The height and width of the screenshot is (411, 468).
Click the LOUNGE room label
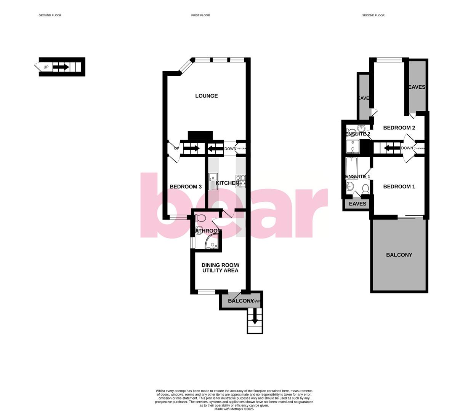(x=207, y=96)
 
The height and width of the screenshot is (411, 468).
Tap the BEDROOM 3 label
(x=186, y=187)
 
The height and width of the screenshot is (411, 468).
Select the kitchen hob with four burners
(x=240, y=181)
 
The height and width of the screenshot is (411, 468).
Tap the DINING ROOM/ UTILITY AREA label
(x=220, y=268)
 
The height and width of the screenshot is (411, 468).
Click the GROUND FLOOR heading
(x=50, y=16)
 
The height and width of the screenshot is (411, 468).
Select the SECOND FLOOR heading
(x=373, y=16)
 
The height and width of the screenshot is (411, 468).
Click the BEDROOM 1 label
(x=399, y=187)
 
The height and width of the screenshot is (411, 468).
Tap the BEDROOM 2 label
(x=399, y=128)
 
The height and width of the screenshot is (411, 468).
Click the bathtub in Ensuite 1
(x=351, y=167)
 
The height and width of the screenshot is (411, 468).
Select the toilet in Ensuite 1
(x=365, y=189)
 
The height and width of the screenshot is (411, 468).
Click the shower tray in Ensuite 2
(x=353, y=147)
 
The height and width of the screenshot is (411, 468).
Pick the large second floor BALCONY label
(x=399, y=255)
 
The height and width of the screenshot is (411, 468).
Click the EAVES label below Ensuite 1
(x=357, y=204)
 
